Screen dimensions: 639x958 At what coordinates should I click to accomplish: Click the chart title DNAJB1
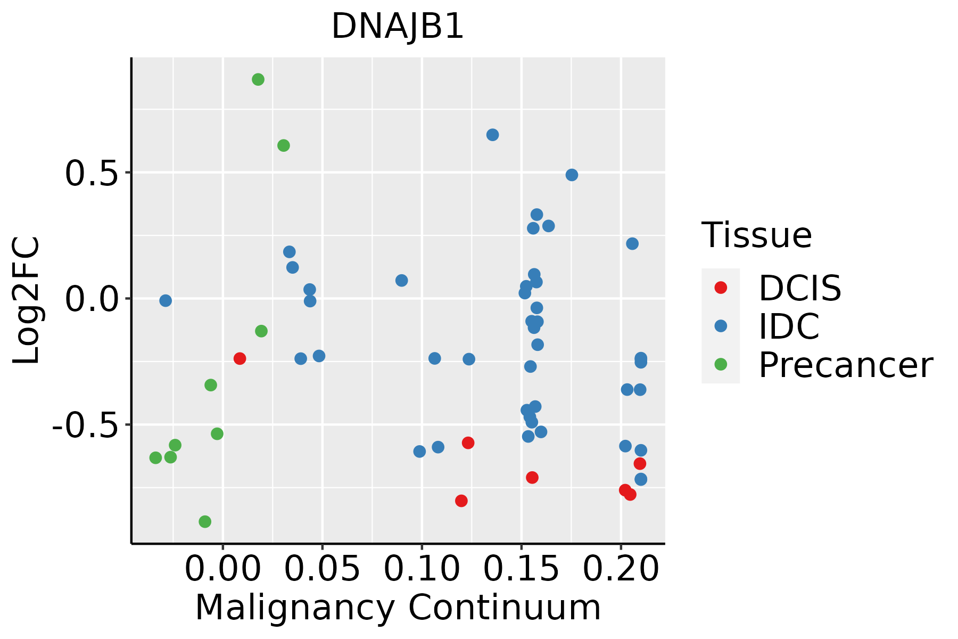pyautogui.click(x=398, y=27)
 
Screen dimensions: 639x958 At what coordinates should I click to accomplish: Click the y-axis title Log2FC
pyautogui.click(x=27, y=300)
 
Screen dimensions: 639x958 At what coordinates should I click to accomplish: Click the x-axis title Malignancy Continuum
pyautogui.click(x=398, y=608)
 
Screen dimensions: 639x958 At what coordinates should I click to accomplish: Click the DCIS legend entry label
pyautogui.click(x=800, y=288)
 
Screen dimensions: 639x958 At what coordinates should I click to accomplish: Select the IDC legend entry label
pyautogui.click(x=789, y=326)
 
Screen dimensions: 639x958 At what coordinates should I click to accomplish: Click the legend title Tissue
pyautogui.click(x=756, y=235)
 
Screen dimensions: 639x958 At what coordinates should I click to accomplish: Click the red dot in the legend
pyautogui.click(x=721, y=288)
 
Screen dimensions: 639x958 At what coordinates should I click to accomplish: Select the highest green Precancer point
pyautogui.click(x=258, y=80)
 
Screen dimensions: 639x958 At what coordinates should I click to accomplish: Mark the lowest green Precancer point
pyautogui.click(x=205, y=521)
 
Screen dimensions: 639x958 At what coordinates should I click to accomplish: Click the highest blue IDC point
pyautogui.click(x=492, y=135)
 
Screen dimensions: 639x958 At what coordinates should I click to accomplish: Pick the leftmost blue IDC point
pyautogui.click(x=166, y=301)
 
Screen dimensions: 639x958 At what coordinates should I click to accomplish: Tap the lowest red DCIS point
pyautogui.click(x=461, y=501)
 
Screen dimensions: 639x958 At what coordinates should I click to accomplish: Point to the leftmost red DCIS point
pyautogui.click(x=240, y=358)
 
